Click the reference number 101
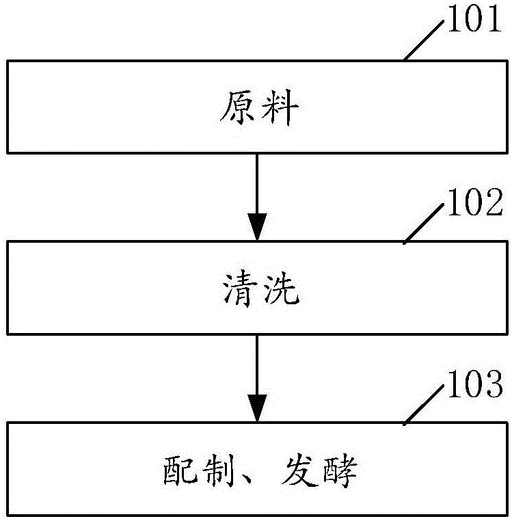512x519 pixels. coord(474,21)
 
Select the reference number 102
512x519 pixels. coord(474,203)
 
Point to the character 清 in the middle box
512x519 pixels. coord(234,291)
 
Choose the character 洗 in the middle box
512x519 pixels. coord(281,291)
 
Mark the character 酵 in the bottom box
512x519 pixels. coord(340,473)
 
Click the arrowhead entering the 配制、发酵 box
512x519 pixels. coord(257,409)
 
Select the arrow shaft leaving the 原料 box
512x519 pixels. coord(257,181)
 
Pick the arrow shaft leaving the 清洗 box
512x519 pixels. coord(257,363)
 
